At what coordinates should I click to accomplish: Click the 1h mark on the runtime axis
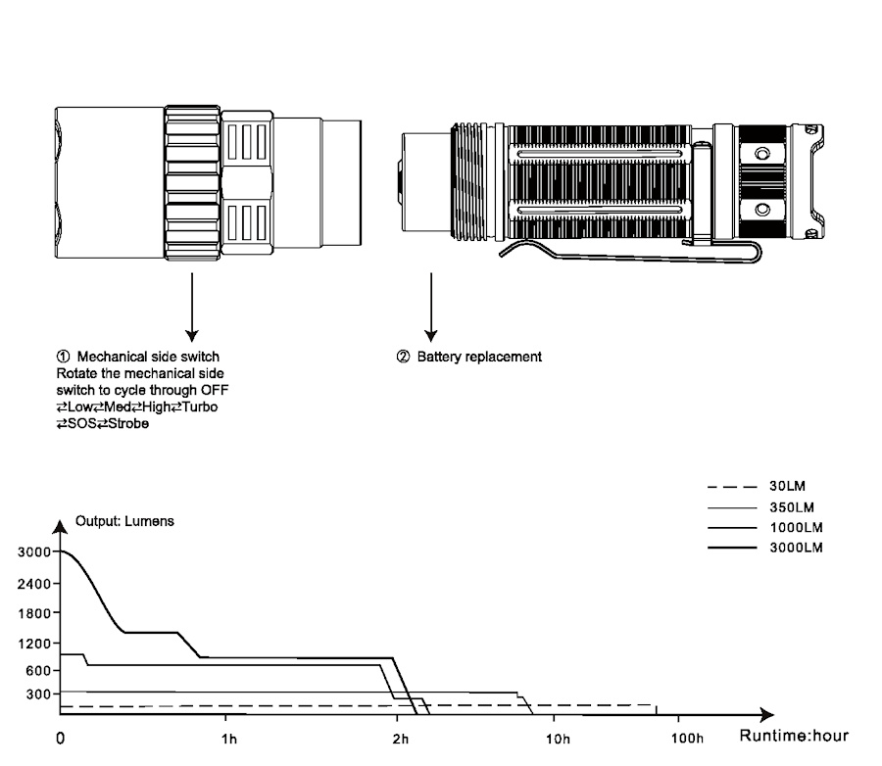tap(229, 738)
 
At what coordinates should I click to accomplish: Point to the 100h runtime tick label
tap(688, 738)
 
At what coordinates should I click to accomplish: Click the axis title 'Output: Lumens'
tap(124, 521)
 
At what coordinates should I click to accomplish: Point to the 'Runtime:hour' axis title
tap(794, 736)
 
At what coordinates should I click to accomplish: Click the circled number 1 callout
tap(63, 357)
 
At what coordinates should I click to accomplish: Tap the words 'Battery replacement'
tap(479, 357)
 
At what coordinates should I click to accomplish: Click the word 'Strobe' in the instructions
tap(127, 423)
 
